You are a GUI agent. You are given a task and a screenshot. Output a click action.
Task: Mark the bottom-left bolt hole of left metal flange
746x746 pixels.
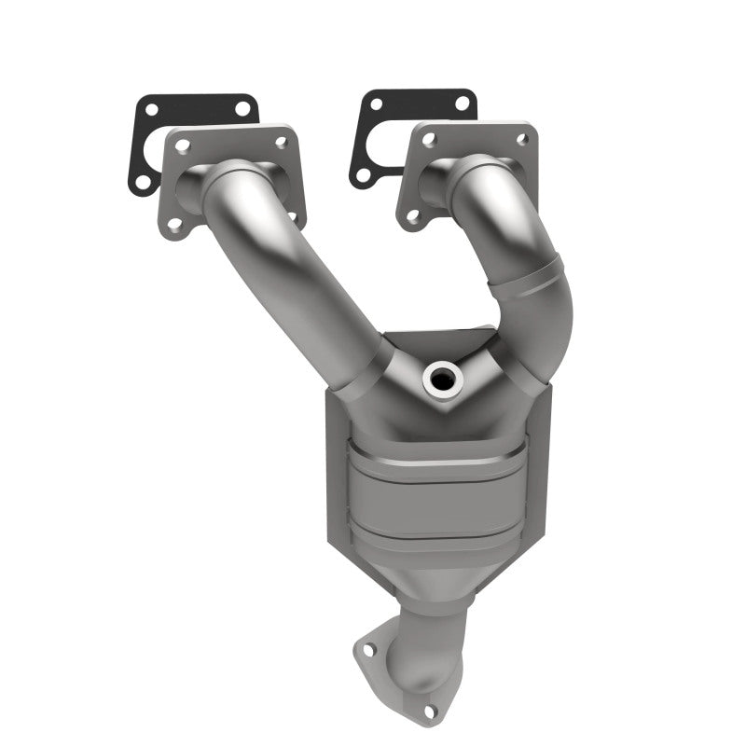[x=173, y=223]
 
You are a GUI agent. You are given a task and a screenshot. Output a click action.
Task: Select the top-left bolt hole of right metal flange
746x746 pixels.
[x=429, y=141]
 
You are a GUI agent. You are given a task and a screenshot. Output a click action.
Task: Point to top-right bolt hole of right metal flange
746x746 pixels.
[x=522, y=138]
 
